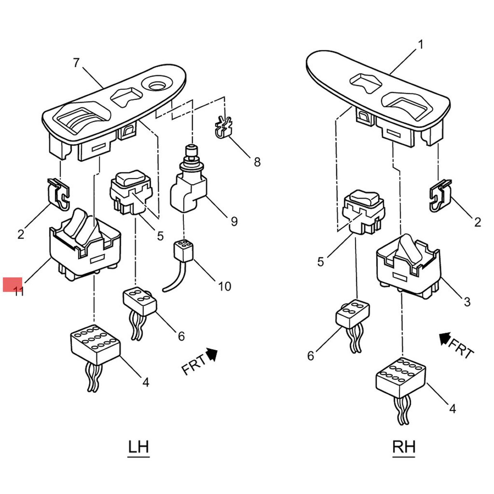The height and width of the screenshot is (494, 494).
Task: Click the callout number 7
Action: click(x=76, y=63)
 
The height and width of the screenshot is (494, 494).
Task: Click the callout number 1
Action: click(x=420, y=44)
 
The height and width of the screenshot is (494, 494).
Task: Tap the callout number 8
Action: click(x=257, y=162)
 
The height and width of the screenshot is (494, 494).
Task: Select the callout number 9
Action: click(x=234, y=221)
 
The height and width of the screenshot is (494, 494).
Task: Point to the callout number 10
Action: click(x=224, y=286)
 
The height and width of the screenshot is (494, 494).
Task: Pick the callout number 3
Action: click(x=467, y=302)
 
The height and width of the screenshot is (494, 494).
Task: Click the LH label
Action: click(x=138, y=447)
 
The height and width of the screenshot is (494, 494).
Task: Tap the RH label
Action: click(x=404, y=447)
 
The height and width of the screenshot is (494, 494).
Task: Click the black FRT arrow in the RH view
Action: click(x=444, y=338)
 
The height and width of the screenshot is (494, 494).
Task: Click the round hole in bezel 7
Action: click(x=157, y=85)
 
